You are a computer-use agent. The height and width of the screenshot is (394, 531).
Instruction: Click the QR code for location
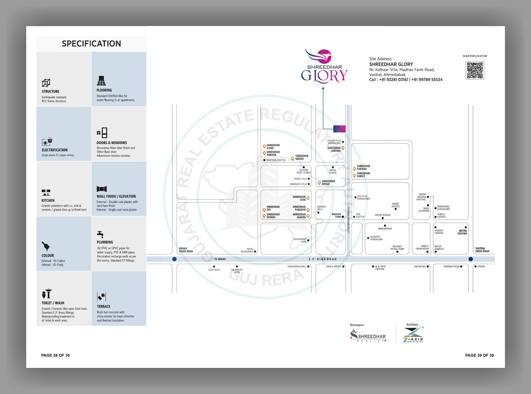pyautogui.click(x=474, y=70)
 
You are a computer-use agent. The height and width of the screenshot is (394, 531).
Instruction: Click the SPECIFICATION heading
pyautogui.click(x=91, y=44)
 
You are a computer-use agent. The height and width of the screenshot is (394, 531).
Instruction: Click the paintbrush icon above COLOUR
pyautogui.click(x=46, y=246)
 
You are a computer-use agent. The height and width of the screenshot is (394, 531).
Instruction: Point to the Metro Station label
pyautogui.click(x=462, y=232)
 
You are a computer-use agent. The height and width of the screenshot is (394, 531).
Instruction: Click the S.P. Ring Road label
pyautogui.click(x=323, y=259)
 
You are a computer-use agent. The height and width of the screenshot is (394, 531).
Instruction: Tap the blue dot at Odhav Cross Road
pyautogui.click(x=175, y=259)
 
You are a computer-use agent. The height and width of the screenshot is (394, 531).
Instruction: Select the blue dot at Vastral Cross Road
pyautogui.click(x=470, y=259)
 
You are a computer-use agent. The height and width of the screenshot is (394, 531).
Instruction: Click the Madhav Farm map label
pyautogui.click(x=337, y=216)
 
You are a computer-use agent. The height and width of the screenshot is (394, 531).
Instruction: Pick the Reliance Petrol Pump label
pyautogui.click(x=398, y=248)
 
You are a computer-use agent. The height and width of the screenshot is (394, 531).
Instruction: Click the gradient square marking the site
pyautogui.click(x=339, y=129)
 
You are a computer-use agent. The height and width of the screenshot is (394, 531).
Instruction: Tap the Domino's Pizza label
pyautogui.click(x=453, y=266)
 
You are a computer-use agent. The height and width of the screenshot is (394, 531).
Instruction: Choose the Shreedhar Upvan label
pyautogui.click(x=328, y=182)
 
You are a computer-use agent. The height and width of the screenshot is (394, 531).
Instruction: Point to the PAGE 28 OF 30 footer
pyautogui.click(x=55, y=355)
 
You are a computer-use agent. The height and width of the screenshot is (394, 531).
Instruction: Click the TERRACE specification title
pyautogui.click(x=104, y=307)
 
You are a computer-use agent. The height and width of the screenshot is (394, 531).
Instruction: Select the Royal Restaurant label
pyautogui.click(x=247, y=250)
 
